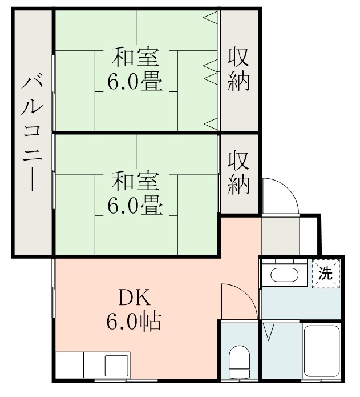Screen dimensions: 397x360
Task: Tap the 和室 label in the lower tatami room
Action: coord(135,181)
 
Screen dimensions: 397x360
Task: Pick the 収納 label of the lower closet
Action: coord(240,171)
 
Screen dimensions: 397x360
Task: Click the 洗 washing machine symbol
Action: coord(325,273)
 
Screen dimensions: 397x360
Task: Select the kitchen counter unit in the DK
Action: coord(93,364)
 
